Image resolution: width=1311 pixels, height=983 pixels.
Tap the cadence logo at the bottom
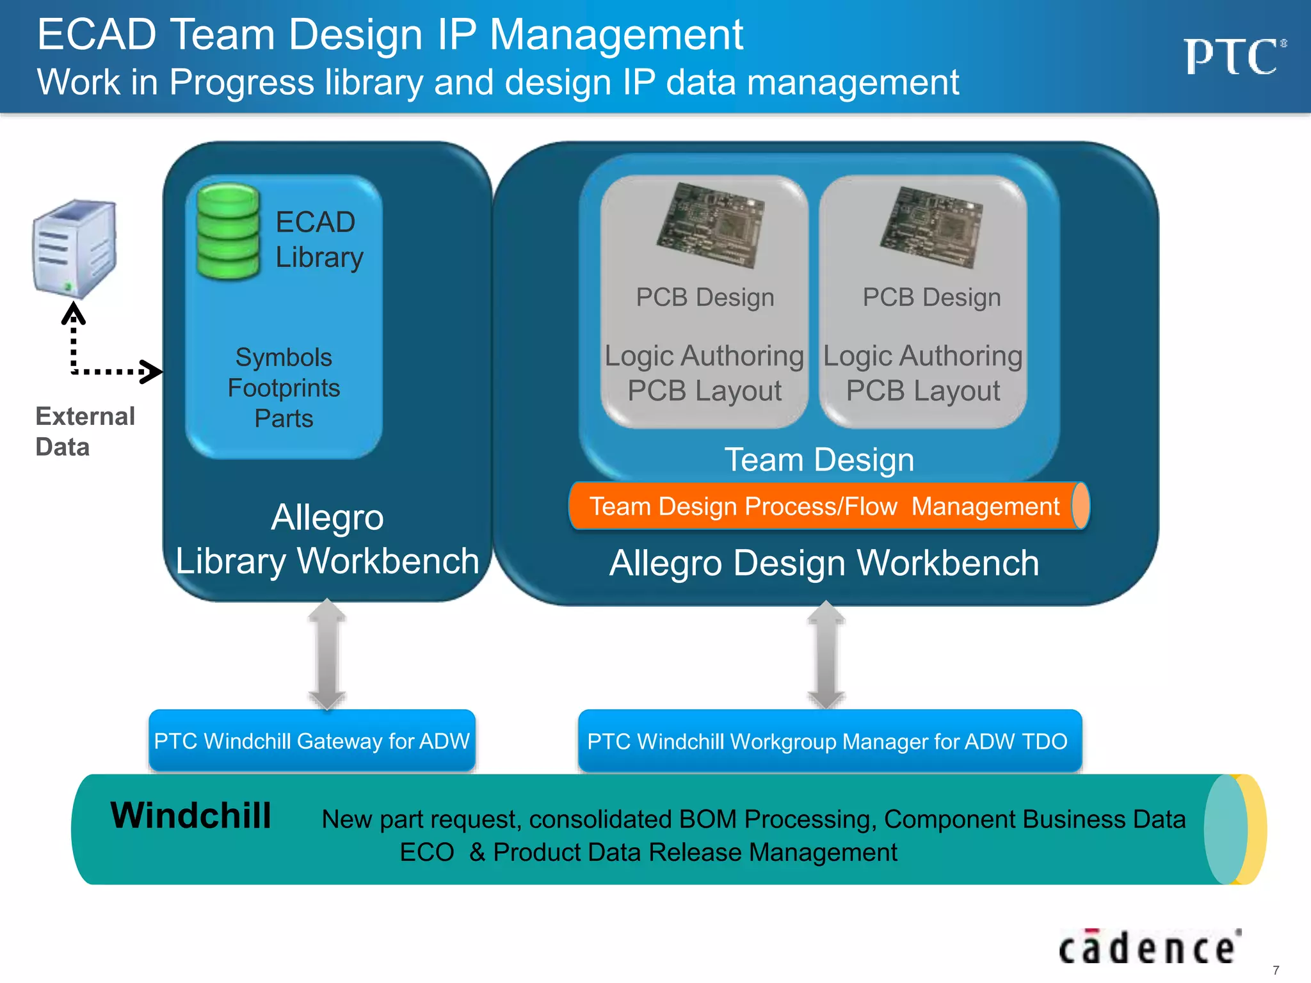point(1149,948)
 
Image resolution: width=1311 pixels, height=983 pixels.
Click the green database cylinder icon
point(228,232)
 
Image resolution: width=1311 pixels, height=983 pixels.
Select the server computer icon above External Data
point(75,248)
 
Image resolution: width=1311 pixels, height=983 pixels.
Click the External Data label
point(84,431)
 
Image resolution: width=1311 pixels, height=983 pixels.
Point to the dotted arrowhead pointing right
point(151,371)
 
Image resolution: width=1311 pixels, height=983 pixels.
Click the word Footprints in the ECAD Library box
point(284,388)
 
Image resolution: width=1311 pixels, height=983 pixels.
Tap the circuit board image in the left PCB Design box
point(711,225)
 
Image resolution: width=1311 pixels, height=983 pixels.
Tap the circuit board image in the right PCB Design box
point(931,227)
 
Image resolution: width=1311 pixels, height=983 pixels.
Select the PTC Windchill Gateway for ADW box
point(312,740)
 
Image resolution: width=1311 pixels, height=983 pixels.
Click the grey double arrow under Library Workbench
point(327,654)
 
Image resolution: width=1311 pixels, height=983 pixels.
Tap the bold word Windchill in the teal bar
point(191,815)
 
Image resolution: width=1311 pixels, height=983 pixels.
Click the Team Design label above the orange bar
point(819,460)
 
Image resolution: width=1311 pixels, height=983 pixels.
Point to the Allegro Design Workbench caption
point(824,563)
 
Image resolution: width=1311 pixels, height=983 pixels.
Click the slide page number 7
point(1275,970)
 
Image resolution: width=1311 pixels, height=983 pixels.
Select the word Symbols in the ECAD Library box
point(284,357)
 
